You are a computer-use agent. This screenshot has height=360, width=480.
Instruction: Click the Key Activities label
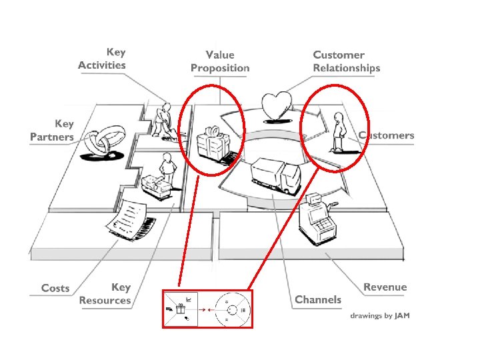point(101,58)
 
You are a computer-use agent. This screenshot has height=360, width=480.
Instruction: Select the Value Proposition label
point(220,61)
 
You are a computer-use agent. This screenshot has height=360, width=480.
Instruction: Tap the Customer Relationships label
point(346,61)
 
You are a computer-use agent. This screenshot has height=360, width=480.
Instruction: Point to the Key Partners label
point(52,130)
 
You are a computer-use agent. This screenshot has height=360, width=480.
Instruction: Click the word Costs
point(55,288)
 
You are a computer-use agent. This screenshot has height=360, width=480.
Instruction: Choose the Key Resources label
point(105,294)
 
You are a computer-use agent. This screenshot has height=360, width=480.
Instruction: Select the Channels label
point(318,300)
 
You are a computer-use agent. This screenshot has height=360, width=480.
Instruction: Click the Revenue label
point(385,287)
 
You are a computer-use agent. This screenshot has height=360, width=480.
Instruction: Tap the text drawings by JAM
point(381,315)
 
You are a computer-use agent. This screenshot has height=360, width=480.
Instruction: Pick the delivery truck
point(275,176)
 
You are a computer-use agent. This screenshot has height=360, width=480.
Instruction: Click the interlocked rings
point(103,142)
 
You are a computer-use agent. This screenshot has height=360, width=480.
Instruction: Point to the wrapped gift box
point(212,142)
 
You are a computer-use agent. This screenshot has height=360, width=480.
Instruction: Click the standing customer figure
point(340,133)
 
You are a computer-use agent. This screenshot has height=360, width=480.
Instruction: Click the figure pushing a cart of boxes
point(160,178)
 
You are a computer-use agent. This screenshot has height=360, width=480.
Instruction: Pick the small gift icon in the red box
point(179,309)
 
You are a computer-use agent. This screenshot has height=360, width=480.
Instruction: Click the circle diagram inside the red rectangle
point(229,309)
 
